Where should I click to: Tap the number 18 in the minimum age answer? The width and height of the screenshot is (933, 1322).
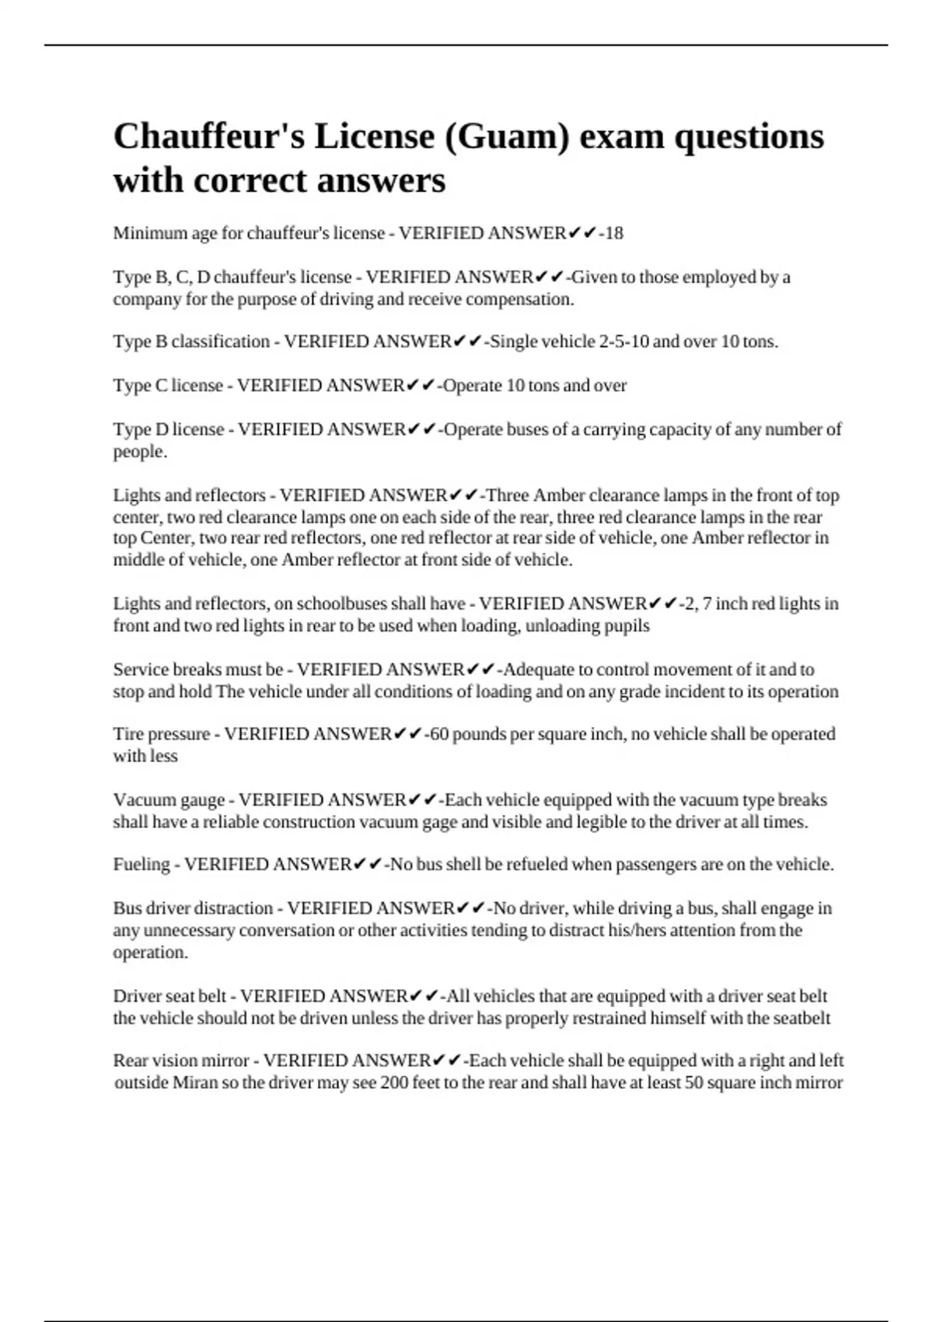coord(613,233)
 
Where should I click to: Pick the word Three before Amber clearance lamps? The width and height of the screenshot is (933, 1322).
coord(508,495)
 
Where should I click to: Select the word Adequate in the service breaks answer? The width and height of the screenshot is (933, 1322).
coord(538,670)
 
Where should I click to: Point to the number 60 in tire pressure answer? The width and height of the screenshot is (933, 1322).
coord(439,734)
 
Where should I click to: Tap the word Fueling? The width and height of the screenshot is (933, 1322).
coord(142,864)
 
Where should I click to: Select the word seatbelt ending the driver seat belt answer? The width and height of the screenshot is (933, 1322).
coord(801,1018)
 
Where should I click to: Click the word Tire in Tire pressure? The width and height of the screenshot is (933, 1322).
coord(128,734)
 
